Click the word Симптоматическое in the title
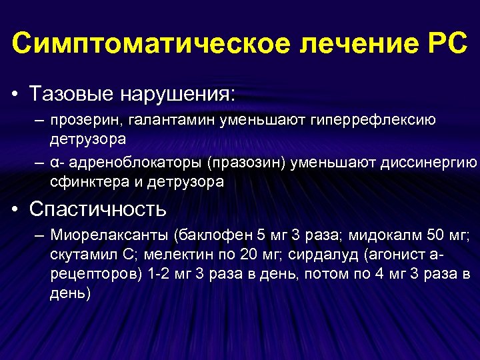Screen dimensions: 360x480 pyautogui.click(x=151, y=43)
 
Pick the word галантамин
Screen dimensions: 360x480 pyautogui.click(x=164, y=120)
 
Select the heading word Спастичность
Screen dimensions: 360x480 pyautogui.click(x=98, y=209)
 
